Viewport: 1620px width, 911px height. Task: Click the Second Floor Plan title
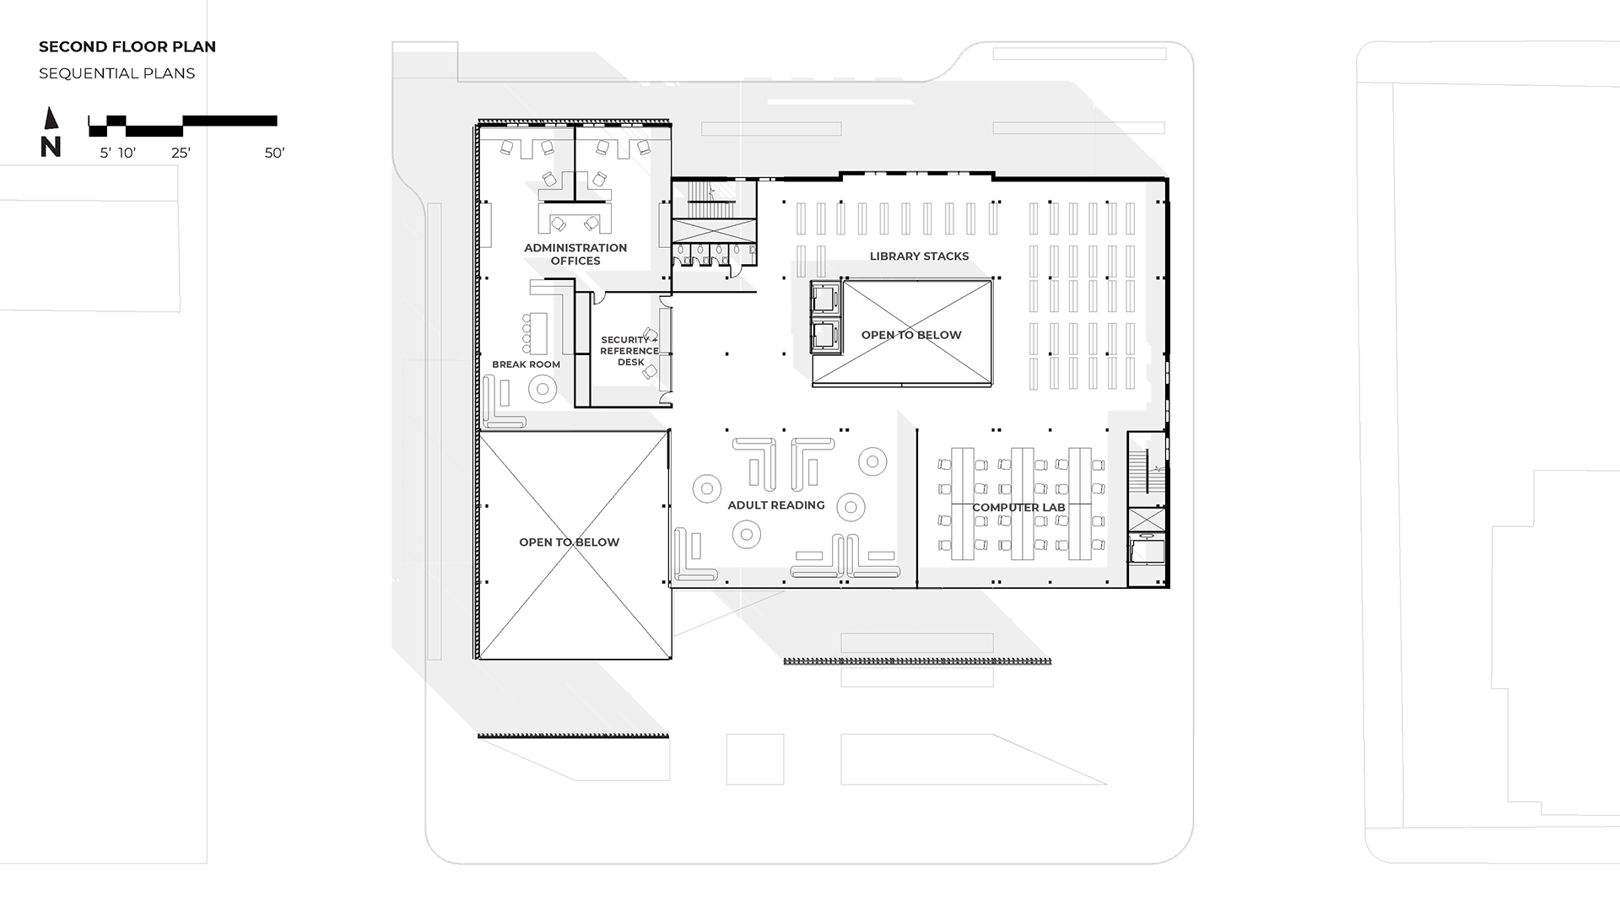click(127, 46)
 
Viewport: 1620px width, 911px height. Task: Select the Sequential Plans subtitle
click(117, 73)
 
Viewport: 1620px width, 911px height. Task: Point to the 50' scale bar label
click(274, 153)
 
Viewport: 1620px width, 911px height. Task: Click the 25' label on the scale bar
click(181, 153)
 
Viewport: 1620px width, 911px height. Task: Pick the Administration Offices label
click(575, 254)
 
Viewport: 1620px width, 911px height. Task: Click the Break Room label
click(526, 364)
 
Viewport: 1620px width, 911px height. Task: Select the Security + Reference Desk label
click(629, 351)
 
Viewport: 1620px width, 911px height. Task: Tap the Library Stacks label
click(919, 256)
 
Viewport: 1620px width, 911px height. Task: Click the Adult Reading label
click(776, 505)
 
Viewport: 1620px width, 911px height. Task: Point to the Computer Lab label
click(1018, 508)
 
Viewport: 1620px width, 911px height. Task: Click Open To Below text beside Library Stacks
click(911, 335)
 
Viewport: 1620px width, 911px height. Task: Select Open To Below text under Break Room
click(570, 542)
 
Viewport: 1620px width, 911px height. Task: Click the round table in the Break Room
click(543, 389)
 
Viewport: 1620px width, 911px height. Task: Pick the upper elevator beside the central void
click(824, 298)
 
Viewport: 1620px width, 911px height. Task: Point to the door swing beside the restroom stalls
click(736, 269)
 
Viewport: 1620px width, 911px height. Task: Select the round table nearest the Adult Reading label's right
click(850, 507)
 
